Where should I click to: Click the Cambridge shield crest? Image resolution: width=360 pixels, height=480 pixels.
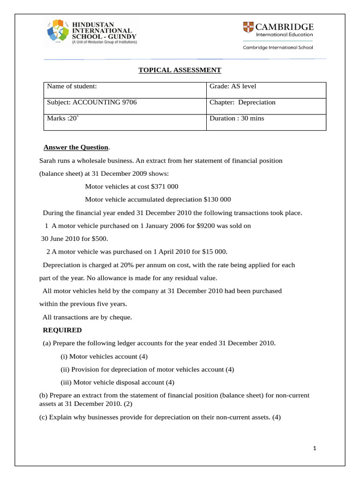tap(248, 28)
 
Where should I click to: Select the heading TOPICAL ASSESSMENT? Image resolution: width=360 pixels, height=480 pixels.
tap(180, 70)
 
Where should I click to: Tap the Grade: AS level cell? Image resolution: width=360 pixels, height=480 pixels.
tap(233, 87)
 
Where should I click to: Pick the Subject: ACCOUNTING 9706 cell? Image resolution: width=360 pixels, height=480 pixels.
tap(92, 103)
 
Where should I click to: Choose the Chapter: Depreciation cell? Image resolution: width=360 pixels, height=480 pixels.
tap(242, 103)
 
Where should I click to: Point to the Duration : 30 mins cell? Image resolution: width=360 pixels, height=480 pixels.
tap(237, 119)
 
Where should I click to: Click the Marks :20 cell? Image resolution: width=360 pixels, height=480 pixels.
tap(64, 119)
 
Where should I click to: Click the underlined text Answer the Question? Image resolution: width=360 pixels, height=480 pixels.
tap(75, 148)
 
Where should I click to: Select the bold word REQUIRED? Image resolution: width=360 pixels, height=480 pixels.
tap(62, 330)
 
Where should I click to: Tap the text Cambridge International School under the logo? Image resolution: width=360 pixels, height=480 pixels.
tap(277, 47)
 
